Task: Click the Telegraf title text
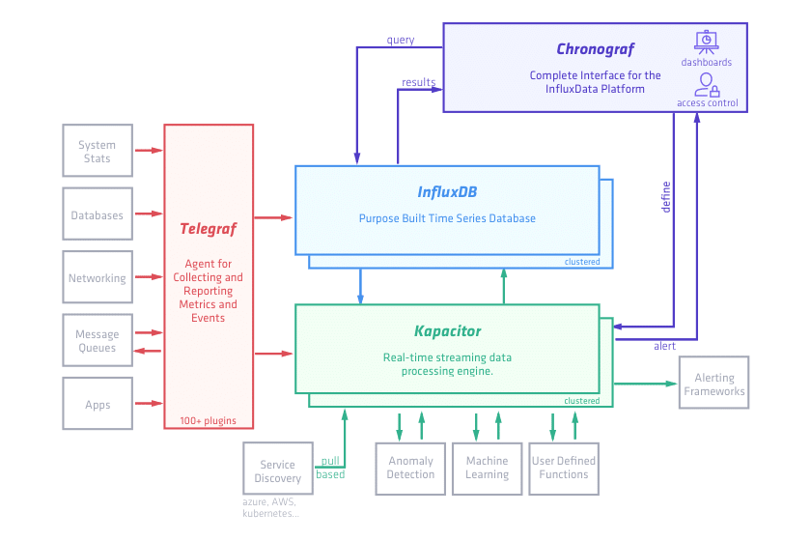(208, 229)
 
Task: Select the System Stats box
(97, 152)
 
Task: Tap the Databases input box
(97, 214)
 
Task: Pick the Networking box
(97, 278)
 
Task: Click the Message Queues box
(97, 341)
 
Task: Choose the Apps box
(97, 405)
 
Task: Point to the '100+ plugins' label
(208, 420)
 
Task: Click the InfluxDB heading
(447, 191)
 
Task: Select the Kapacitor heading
(447, 331)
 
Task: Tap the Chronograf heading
(595, 49)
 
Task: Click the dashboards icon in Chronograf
(706, 43)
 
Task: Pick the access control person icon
(707, 84)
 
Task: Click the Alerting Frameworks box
(714, 384)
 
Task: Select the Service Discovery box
(277, 471)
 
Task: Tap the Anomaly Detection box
(410, 468)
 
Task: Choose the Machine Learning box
(487, 468)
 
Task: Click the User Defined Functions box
(564, 468)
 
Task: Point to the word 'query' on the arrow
(401, 40)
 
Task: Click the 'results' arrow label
(418, 82)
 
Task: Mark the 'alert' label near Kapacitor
(664, 345)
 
